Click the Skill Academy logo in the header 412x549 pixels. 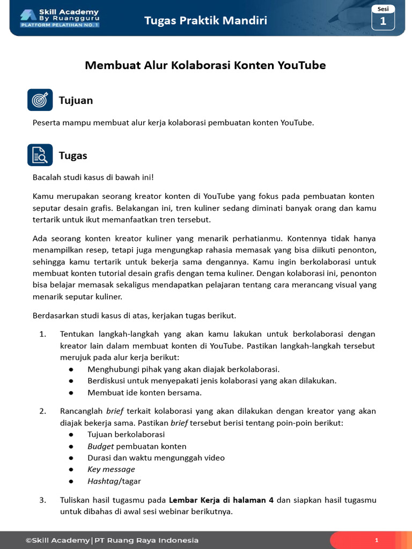[60, 18]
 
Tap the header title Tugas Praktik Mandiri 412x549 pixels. [205, 21]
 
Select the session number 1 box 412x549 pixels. [383, 18]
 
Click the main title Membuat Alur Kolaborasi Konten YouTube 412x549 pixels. [205, 65]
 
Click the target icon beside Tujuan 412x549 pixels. [40, 100]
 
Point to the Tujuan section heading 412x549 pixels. [76, 100]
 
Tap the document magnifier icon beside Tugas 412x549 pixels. [40, 155]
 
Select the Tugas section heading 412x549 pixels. [73, 155]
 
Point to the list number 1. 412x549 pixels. [43, 334]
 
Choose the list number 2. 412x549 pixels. [43, 411]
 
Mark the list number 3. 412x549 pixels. [43, 500]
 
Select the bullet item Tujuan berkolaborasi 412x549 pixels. [126, 434]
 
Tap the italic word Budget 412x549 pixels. [101, 446]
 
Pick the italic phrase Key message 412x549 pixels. [111, 469]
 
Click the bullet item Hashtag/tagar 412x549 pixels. [114, 481]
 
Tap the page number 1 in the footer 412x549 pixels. [377, 540]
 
